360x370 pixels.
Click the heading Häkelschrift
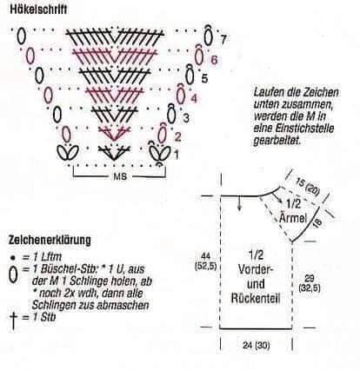click(38, 10)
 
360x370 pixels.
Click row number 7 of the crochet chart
click(223, 40)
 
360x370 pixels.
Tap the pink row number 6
click(214, 60)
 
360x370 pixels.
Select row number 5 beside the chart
click(204, 78)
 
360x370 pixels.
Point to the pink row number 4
click(194, 99)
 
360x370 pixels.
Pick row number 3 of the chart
click(186, 118)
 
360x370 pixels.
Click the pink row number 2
click(177, 136)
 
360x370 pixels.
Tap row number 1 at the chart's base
click(177, 155)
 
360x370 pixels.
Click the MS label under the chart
click(120, 176)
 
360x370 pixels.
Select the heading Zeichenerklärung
click(50, 240)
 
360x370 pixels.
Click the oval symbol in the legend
click(13, 274)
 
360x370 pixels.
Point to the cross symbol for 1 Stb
click(13, 320)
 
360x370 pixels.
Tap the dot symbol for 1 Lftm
click(12, 257)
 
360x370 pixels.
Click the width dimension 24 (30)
click(256, 345)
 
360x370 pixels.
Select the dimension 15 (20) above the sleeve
click(308, 187)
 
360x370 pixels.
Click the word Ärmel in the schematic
click(293, 217)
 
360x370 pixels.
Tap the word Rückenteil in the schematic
click(256, 298)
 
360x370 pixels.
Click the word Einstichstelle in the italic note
click(294, 129)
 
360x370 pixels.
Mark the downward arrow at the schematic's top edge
click(239, 203)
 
